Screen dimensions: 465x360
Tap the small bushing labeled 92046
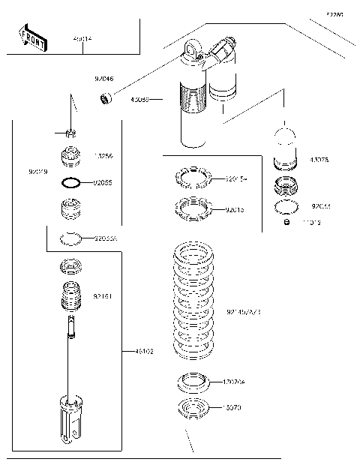(106, 97)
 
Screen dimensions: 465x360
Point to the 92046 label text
(104, 77)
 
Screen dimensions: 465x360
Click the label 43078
(320, 160)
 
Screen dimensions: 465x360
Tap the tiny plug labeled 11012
(286, 222)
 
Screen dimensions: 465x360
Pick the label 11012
(313, 223)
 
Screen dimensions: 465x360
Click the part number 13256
(103, 156)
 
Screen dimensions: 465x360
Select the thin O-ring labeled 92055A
(70, 239)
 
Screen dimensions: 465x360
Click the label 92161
(103, 297)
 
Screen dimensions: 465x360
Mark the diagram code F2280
(334, 13)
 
